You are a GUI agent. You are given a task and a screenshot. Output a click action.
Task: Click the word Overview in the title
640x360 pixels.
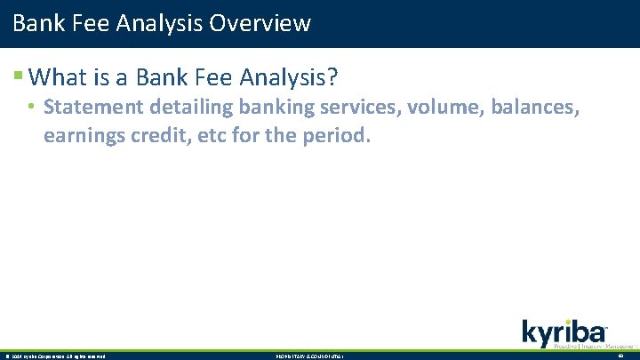(x=260, y=22)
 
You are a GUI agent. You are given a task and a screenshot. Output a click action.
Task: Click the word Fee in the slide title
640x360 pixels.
(x=89, y=22)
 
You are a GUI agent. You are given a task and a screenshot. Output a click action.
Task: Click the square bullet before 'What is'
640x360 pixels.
(x=31, y=78)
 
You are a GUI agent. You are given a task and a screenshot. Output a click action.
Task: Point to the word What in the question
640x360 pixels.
(x=69, y=77)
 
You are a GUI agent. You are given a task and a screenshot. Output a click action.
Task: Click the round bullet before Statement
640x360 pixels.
(x=30, y=108)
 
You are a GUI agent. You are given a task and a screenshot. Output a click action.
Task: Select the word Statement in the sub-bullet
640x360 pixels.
(x=92, y=108)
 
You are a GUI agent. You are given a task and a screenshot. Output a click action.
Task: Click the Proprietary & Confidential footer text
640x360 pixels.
(x=309, y=356)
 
